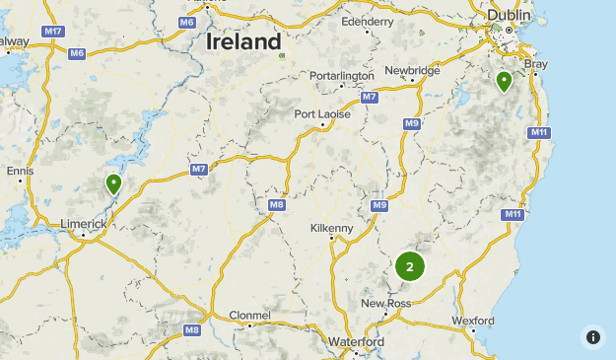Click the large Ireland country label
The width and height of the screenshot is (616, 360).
[x=243, y=42]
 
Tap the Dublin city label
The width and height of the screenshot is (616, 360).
[x=509, y=16]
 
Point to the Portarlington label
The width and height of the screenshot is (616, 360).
[x=341, y=76]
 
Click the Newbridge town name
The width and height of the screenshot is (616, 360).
[x=412, y=70]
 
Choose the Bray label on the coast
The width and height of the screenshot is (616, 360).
[x=535, y=64]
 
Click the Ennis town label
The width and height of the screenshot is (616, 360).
[x=20, y=171]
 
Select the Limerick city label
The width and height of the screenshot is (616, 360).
[x=84, y=224]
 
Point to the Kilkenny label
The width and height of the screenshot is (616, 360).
[x=331, y=228]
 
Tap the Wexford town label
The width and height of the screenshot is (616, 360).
[x=472, y=321]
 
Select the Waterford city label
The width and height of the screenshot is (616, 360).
[x=357, y=341]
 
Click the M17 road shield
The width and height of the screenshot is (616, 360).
[x=54, y=33]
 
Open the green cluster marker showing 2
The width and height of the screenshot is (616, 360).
[x=410, y=266]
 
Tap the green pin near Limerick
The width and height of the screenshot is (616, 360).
[x=113, y=183]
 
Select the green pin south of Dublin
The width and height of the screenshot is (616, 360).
[x=504, y=81]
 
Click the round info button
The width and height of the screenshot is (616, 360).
[x=592, y=336]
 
